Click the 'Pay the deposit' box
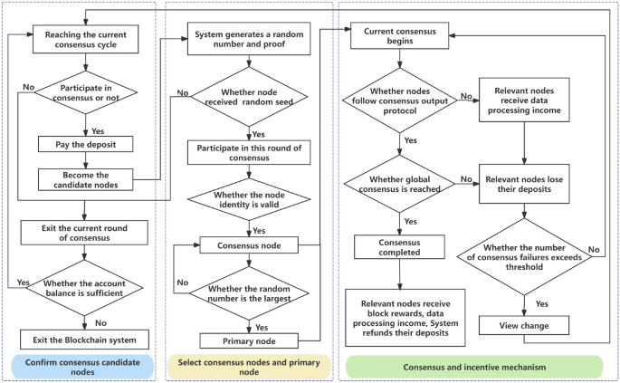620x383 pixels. point(85,144)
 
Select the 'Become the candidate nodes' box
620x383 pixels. point(85,179)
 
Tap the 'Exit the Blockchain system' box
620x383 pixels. point(84,340)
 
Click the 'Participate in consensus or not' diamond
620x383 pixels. point(86,92)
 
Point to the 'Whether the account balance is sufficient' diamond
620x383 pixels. point(84,288)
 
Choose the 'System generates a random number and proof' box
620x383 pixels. point(249,39)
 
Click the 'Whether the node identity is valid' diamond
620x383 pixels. point(249,199)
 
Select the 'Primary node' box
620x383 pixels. point(249,341)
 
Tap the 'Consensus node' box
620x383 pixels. point(249,245)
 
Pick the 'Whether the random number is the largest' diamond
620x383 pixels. point(249,293)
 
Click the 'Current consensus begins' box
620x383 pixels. point(400,35)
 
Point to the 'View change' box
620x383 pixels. point(524,326)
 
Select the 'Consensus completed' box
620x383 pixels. point(399,247)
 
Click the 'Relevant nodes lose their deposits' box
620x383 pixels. point(524,184)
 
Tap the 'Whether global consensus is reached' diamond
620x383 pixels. point(399,184)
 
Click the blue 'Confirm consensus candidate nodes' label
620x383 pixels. point(82,367)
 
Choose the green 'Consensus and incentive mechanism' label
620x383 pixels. point(474,367)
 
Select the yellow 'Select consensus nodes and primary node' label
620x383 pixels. point(249,367)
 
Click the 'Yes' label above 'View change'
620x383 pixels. point(542,304)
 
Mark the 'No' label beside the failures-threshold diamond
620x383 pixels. point(594,250)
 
